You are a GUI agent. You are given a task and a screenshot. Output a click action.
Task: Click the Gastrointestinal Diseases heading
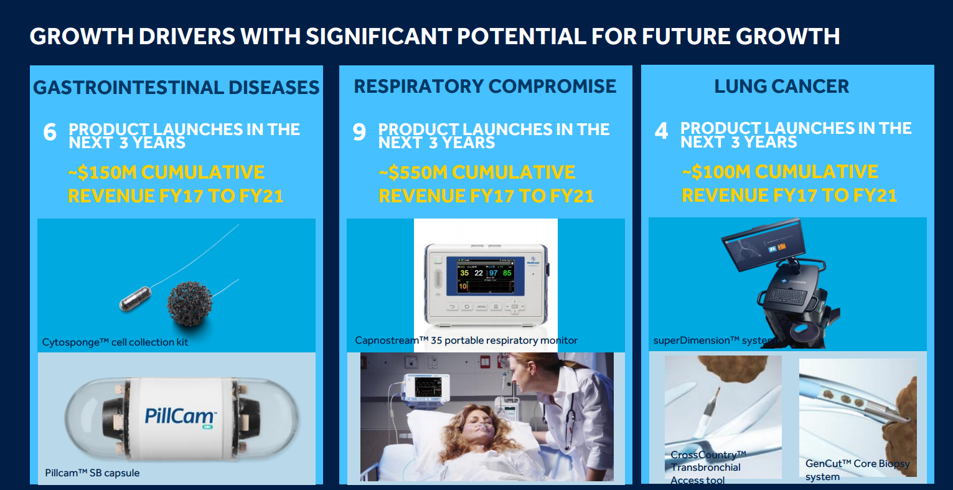tap(176, 87)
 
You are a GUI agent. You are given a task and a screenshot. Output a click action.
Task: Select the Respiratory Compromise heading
tap(485, 86)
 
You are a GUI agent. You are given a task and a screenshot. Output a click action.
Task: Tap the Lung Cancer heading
tap(781, 86)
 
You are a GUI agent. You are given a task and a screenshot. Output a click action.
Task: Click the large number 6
tap(50, 133)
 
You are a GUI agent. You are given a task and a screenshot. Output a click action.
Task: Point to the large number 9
tap(359, 132)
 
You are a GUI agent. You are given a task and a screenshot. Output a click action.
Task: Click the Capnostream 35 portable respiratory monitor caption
tap(466, 341)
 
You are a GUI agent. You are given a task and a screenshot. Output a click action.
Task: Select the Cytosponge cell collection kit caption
tap(115, 342)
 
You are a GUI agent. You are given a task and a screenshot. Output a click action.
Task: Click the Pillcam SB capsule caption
tap(92, 473)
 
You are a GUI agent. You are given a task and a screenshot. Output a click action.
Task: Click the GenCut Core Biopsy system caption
tap(857, 470)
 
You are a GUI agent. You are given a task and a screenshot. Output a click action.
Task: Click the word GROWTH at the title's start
tap(81, 36)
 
